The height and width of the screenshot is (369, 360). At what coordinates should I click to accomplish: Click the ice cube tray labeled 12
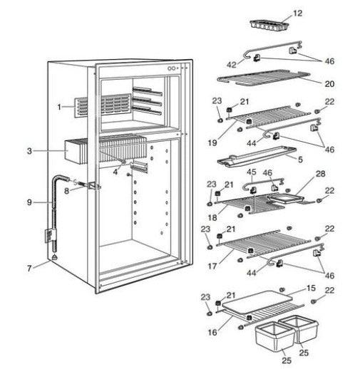(x=268, y=24)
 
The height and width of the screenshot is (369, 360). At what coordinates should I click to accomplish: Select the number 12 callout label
(x=297, y=13)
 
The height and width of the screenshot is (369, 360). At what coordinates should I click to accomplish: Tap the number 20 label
(x=329, y=83)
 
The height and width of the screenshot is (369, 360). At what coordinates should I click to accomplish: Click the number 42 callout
(x=231, y=64)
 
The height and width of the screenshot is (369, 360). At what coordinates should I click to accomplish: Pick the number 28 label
(x=320, y=174)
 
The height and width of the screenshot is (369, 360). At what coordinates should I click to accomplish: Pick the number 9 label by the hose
(x=29, y=202)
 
